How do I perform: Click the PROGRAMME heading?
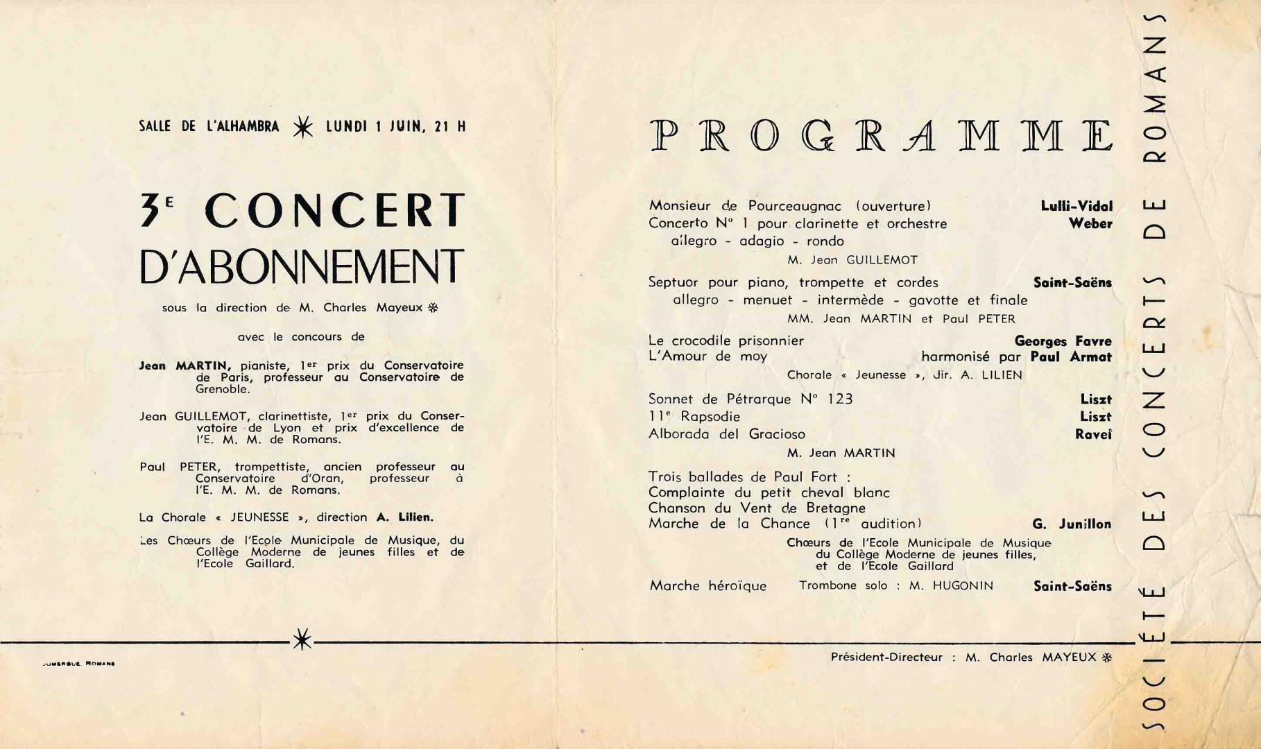coord(882,136)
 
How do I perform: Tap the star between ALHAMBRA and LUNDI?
coord(302,127)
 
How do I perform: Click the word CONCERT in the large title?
coord(334,210)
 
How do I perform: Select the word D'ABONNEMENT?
coord(301,266)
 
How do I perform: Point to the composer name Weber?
coord(1090,223)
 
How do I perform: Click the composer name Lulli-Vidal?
coord(1076,206)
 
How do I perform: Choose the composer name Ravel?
coord(1093,434)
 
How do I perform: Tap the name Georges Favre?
coord(1063,341)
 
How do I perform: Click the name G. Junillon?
coord(1071,524)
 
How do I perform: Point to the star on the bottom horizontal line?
coord(302,639)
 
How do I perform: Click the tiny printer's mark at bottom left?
coord(78,664)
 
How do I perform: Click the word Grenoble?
coord(222,389)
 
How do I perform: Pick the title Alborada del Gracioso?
coord(726,434)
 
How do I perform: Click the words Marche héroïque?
coord(707,586)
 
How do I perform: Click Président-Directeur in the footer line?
coord(886,657)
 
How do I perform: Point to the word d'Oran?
coord(323,478)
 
